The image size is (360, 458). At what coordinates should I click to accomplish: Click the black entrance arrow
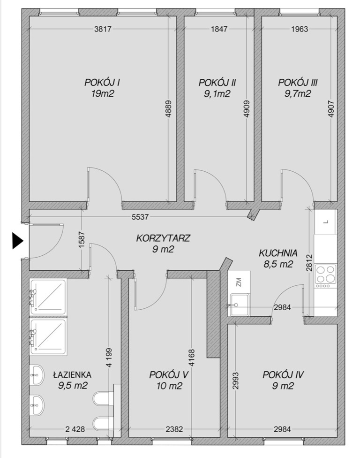click(x=17, y=241)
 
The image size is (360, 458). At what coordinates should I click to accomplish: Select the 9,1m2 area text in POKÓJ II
click(x=217, y=94)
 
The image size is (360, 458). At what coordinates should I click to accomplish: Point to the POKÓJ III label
click(x=298, y=83)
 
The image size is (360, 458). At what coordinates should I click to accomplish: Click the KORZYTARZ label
click(x=163, y=238)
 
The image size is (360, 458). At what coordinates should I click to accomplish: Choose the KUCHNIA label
click(x=278, y=253)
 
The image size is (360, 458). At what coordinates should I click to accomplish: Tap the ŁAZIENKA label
click(x=72, y=374)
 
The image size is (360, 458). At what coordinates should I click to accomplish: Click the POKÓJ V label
click(x=169, y=374)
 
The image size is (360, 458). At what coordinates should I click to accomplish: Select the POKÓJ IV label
click(x=283, y=374)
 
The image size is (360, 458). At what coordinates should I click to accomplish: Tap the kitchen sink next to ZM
click(x=240, y=305)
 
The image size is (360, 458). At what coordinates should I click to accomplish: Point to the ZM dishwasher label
click(x=239, y=282)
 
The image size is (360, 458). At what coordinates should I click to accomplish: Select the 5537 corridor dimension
click(x=140, y=217)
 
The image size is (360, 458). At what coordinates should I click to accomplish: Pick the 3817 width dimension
click(x=103, y=29)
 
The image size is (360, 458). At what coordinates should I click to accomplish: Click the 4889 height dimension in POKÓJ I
click(x=168, y=109)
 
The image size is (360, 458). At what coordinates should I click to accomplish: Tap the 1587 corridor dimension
click(x=82, y=240)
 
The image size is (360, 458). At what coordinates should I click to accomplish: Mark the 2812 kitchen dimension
click(x=309, y=263)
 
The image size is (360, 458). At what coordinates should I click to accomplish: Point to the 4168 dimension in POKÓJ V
click(x=191, y=359)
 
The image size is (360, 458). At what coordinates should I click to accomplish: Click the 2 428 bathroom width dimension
click(x=75, y=429)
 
